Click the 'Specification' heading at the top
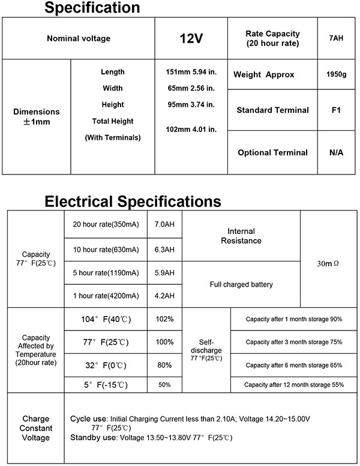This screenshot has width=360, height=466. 93,8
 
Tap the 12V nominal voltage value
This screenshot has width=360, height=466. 191,39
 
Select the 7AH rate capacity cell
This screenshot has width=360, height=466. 336,39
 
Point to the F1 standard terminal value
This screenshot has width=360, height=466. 336,110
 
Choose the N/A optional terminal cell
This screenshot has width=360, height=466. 336,152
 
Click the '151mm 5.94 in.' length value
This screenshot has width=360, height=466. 190,72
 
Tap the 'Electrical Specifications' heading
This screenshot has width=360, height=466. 133,201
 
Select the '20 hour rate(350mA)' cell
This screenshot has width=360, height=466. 106,225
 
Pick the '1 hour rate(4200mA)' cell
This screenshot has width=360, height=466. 106,295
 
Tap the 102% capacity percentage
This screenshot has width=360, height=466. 164,319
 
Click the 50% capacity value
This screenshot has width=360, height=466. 164,384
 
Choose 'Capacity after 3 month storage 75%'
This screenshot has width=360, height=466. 294,341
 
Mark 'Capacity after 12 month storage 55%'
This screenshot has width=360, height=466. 294,384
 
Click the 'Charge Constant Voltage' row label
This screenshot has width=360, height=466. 35,428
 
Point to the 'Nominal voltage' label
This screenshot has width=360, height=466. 79,39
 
